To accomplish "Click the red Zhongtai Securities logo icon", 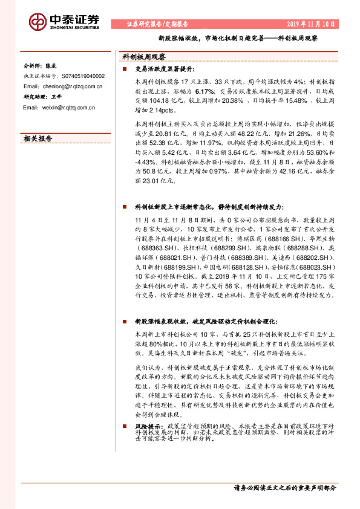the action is coord(38,22).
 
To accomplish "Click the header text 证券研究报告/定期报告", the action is coord(157,25).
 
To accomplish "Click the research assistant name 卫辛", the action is coord(57,97).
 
